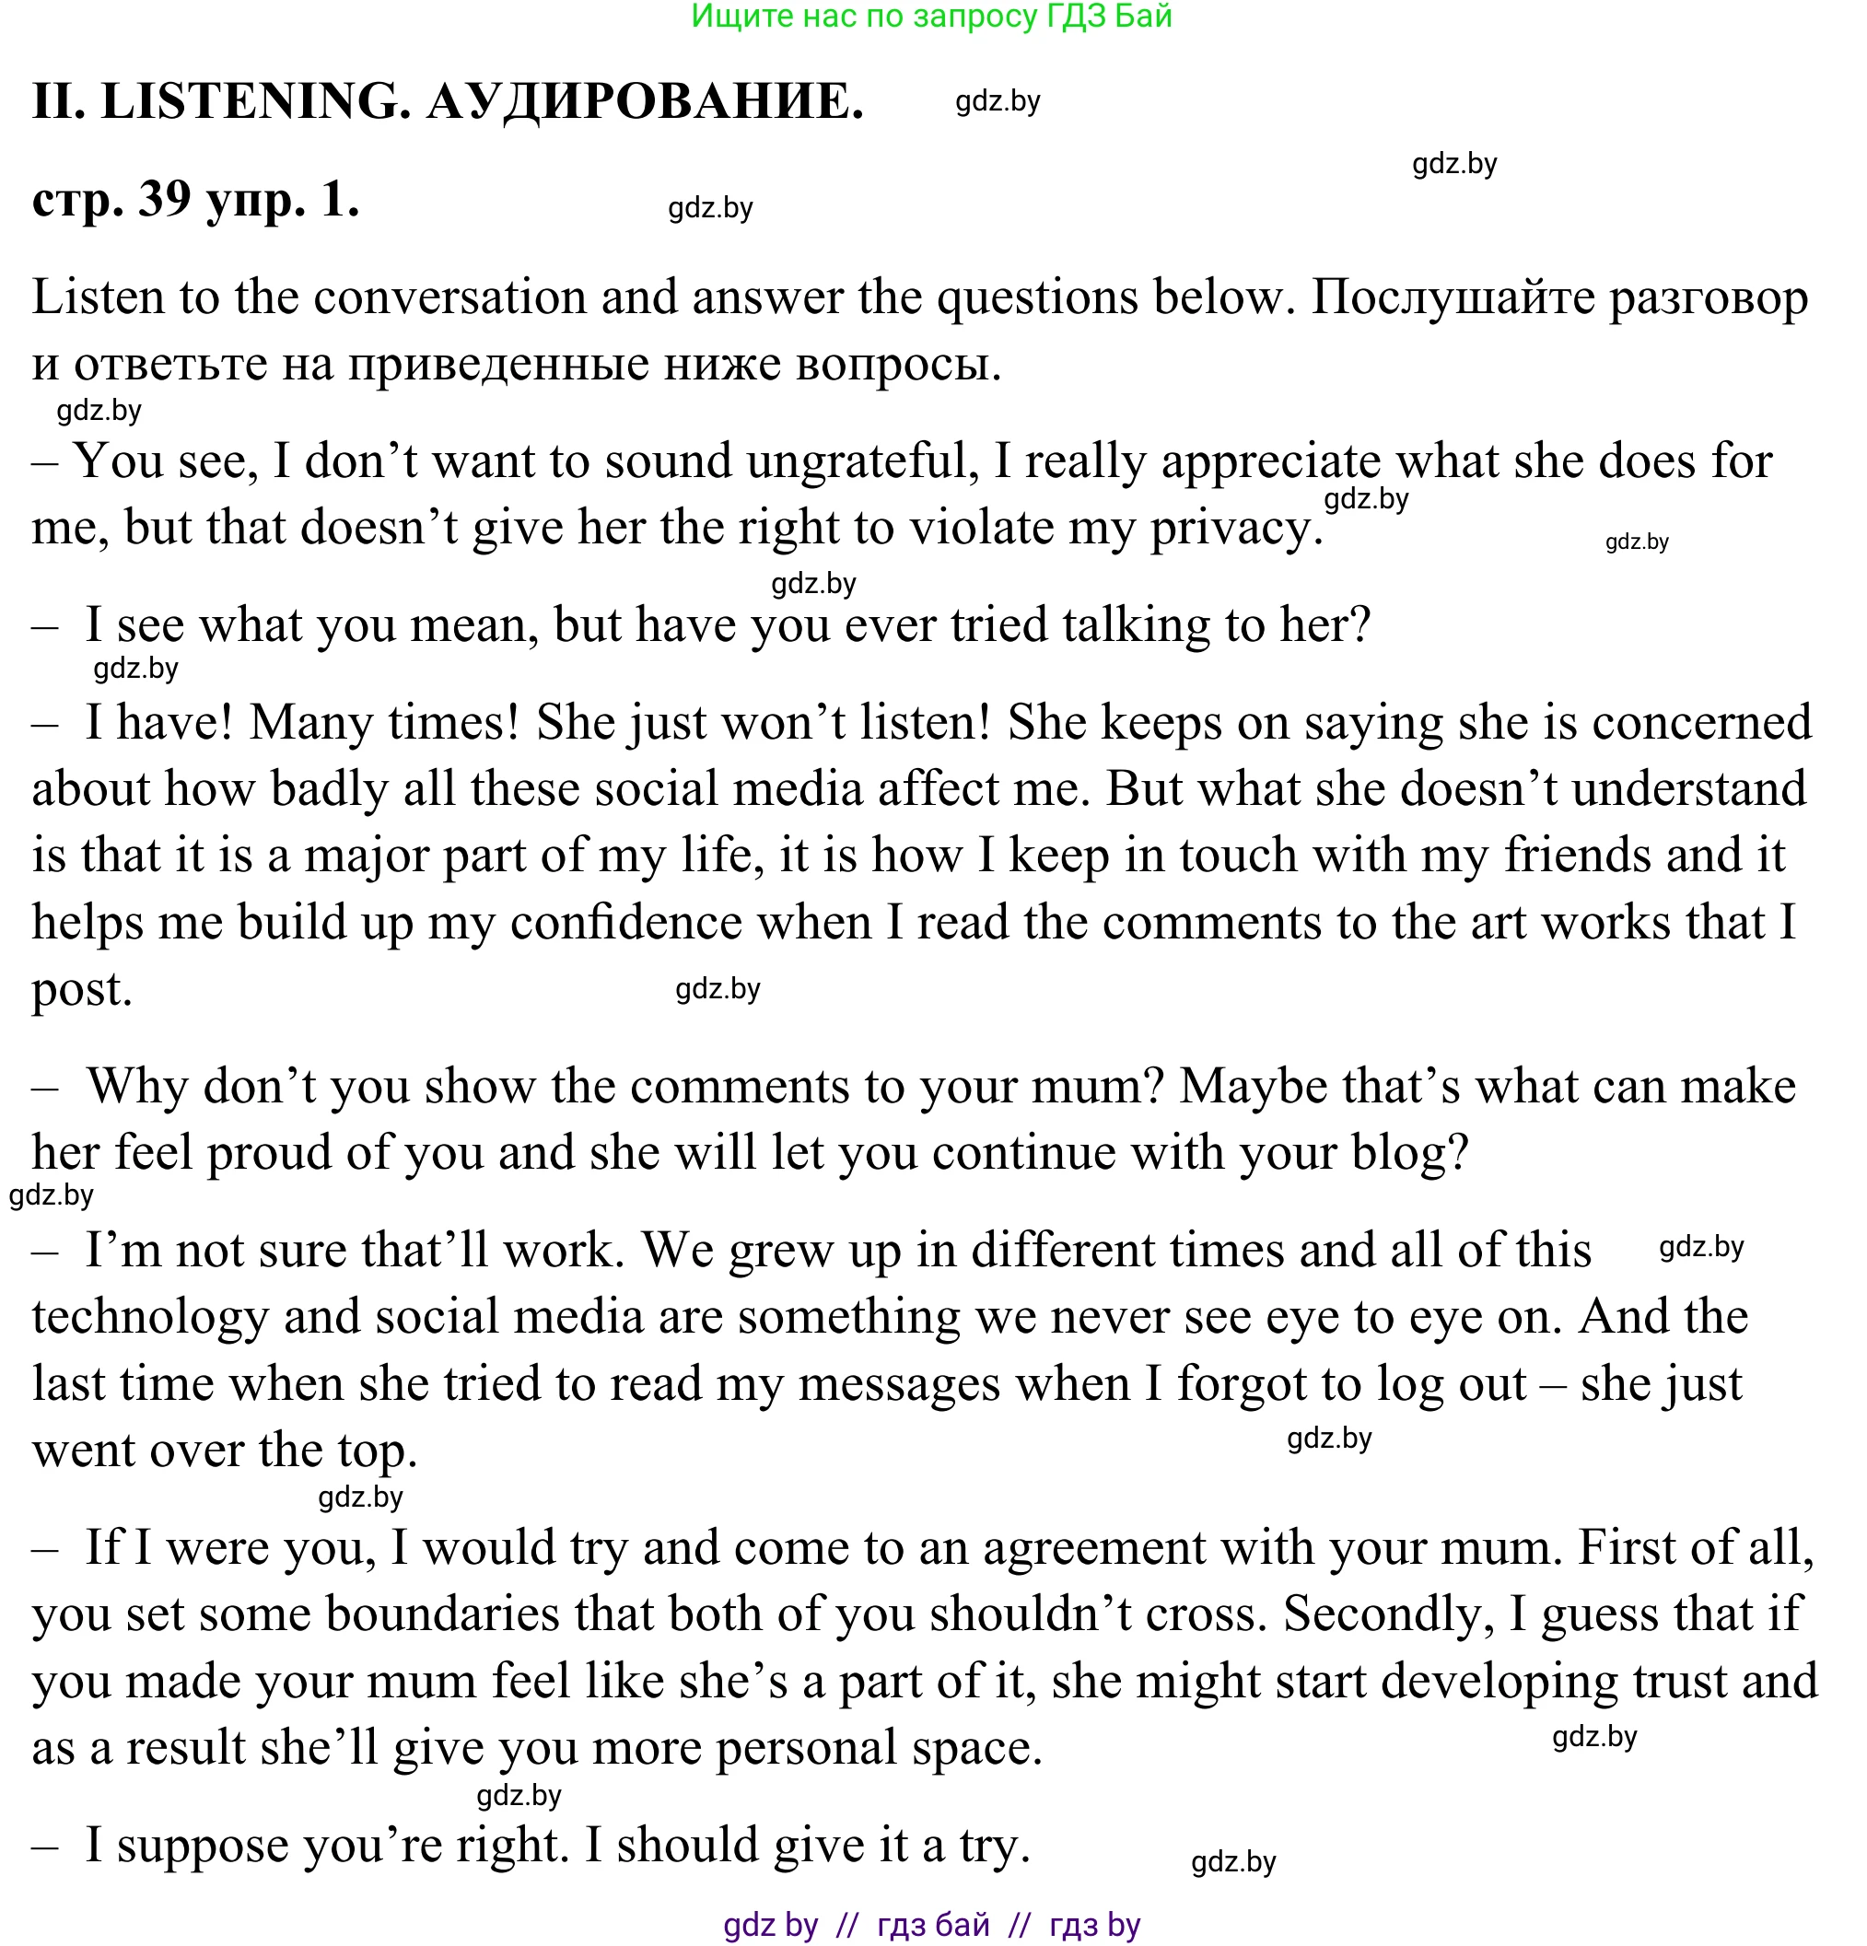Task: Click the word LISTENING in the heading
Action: pos(256,101)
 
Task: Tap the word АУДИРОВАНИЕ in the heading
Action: pos(646,101)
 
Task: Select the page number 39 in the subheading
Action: pos(165,199)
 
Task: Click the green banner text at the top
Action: pos(931,16)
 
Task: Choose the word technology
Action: pos(150,1318)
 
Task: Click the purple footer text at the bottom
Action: pos(931,1925)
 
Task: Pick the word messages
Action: pos(899,1384)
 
